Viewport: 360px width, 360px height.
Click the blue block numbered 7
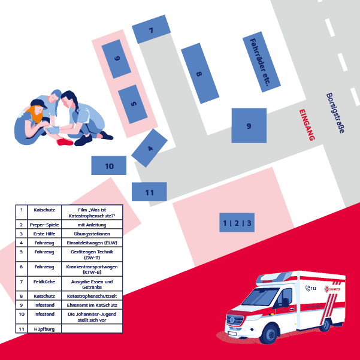tap(152, 30)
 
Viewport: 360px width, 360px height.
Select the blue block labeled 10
tap(109, 166)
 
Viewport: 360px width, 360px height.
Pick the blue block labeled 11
tap(149, 192)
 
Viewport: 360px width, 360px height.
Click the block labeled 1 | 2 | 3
tap(237, 223)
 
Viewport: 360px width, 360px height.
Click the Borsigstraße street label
tap(335, 113)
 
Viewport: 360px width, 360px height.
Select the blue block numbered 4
tap(149, 148)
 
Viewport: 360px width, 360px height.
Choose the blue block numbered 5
tap(133, 104)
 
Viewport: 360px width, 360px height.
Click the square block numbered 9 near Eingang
tap(249, 125)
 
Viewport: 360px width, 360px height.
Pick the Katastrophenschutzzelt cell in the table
tap(92, 295)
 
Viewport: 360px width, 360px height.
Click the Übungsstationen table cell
tap(92, 234)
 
